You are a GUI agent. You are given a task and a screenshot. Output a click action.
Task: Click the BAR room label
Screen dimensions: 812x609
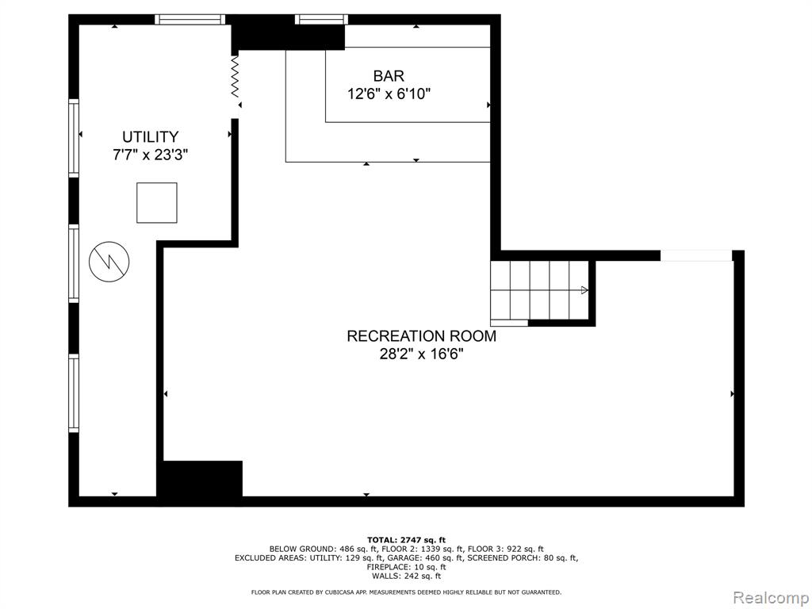(389, 76)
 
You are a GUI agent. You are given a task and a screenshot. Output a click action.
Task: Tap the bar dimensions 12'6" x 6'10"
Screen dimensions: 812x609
(389, 94)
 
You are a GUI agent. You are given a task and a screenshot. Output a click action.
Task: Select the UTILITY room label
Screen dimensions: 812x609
(150, 136)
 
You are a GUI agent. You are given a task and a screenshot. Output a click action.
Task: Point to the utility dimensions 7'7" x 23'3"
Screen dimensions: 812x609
(150, 155)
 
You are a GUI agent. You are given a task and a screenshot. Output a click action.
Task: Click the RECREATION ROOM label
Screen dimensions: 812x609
(421, 336)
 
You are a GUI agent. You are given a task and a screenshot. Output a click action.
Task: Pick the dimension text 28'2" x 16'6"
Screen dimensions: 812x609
(421, 354)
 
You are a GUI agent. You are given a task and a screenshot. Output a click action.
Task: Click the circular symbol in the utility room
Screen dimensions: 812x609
(109, 262)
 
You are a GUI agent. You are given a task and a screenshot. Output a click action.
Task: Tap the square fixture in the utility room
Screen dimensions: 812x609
(157, 202)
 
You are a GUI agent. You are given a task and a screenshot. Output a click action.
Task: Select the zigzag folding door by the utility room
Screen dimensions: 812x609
(235, 75)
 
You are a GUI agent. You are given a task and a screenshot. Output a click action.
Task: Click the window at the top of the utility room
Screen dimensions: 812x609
(190, 20)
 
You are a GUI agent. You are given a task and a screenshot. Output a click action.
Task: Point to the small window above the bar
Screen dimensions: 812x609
(321, 20)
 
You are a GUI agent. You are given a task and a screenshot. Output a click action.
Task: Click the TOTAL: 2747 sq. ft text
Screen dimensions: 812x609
(406, 540)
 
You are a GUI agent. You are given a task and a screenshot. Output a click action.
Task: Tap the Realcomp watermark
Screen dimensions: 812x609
(771, 598)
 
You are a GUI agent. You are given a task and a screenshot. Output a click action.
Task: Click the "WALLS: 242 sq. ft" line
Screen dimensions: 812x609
(406, 576)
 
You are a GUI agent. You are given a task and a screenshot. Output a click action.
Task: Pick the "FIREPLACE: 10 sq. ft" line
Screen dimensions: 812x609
(406, 567)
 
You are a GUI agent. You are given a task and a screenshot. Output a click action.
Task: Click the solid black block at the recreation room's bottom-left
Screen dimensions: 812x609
(199, 478)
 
